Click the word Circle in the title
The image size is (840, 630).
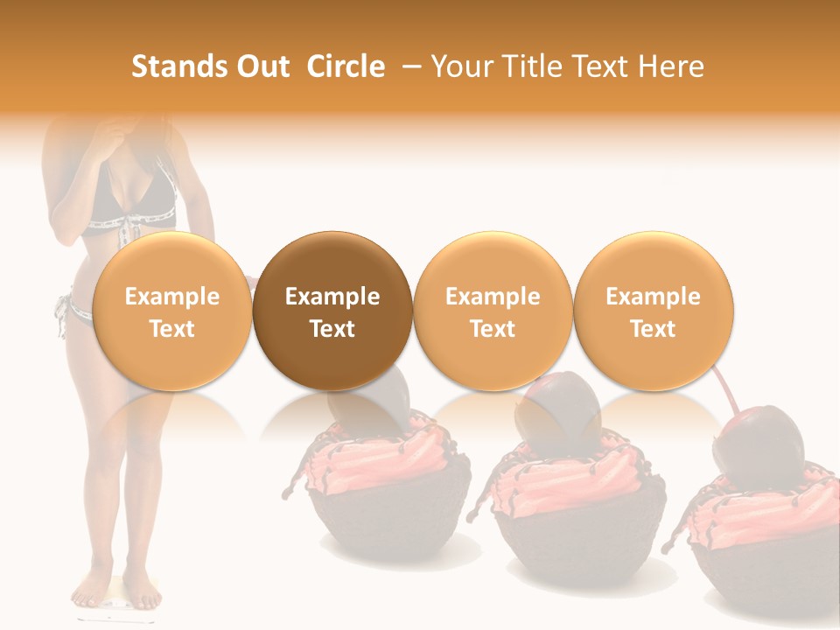pyautogui.click(x=346, y=66)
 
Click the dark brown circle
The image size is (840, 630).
pyautogui.click(x=332, y=311)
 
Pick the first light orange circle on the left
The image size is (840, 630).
pyautogui.click(x=171, y=311)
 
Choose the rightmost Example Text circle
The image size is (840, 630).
pyautogui.click(x=653, y=311)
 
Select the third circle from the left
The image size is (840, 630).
pyautogui.click(x=493, y=311)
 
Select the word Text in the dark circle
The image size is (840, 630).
pyautogui.click(x=332, y=329)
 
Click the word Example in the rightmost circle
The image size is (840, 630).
pyautogui.click(x=653, y=297)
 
